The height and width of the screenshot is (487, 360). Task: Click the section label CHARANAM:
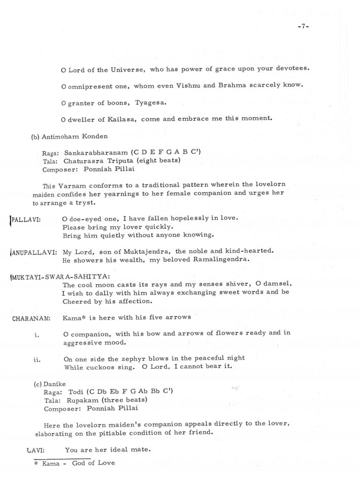[30, 318]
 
